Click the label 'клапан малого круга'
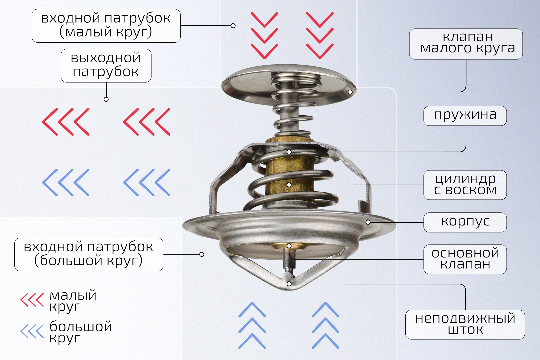(466, 44)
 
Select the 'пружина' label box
(465, 115)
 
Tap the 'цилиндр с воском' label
(465, 185)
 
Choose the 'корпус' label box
(465, 222)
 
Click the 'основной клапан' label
(465, 259)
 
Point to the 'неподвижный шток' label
(465, 324)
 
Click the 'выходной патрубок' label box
(106, 65)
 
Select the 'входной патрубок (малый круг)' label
(106, 26)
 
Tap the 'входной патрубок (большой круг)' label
(89, 254)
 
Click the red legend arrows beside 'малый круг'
(32, 300)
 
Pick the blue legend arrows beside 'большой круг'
(32, 331)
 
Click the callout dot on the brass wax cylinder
(289, 185)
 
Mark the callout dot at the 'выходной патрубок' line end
(106, 99)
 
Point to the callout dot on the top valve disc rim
(350, 92)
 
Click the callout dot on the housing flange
(368, 222)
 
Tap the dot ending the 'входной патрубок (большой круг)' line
(202, 254)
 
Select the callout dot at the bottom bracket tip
(289, 284)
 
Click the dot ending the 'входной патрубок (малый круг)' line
(233, 26)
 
